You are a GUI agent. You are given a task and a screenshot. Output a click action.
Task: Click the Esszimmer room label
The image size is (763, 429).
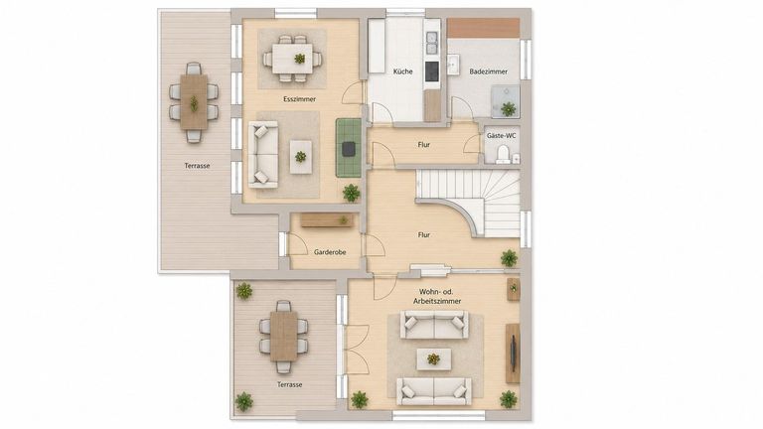click(299, 99)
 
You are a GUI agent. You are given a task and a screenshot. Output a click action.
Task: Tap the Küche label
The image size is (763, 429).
click(403, 71)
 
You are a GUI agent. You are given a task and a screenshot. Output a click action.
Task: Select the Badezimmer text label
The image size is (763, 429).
click(488, 71)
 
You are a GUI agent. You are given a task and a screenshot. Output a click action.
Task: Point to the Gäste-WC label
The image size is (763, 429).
click(501, 136)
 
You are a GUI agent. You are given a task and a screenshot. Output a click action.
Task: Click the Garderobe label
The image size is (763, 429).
click(330, 252)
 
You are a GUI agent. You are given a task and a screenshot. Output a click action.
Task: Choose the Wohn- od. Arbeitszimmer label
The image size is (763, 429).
click(436, 296)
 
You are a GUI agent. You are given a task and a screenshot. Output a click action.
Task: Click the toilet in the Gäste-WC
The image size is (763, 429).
click(503, 155)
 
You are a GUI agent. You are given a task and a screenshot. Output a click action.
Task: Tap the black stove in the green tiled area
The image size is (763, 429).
click(349, 149)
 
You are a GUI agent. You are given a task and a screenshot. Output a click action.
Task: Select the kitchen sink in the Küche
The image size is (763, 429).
click(431, 43)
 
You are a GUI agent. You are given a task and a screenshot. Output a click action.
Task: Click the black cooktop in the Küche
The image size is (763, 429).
click(431, 71)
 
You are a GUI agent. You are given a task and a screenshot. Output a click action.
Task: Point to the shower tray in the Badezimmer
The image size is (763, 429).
click(505, 101)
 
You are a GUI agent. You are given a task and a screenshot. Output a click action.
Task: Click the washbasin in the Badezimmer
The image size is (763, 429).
click(453, 65)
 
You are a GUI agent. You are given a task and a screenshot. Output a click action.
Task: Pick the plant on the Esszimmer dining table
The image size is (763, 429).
click(299, 59)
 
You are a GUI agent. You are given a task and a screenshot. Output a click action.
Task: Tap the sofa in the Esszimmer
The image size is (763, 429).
click(263, 155)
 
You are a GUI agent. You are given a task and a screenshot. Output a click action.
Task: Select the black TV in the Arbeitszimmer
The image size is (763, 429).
click(513, 354)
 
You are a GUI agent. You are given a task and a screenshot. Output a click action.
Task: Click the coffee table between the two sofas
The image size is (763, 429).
click(433, 359)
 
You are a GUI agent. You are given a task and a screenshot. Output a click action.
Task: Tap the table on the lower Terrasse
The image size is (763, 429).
click(284, 336)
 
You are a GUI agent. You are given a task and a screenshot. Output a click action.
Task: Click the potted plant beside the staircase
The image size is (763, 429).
click(509, 258)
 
